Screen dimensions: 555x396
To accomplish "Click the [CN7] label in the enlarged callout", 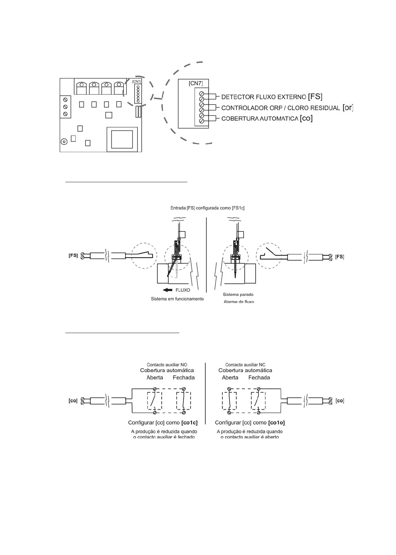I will pos(195,83).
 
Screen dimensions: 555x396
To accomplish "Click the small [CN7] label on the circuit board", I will pos(136,81).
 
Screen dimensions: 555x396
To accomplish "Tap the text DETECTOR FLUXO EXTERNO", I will pos(264,97).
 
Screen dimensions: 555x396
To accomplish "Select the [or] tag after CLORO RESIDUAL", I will pos(347,108).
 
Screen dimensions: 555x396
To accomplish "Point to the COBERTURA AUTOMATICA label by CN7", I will pos(260,119).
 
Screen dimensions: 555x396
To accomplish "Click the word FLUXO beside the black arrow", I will pos(183,290).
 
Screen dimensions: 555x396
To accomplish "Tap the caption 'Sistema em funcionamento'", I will pos(177,299).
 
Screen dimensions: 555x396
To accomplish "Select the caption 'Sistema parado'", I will pos(238,294).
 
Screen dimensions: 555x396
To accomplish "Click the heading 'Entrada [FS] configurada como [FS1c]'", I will pos(207,208).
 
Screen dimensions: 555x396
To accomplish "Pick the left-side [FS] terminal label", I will pos(73,255).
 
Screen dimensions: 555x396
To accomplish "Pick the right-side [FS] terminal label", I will pos(339,257).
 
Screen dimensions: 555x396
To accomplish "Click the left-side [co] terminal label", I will pos(73,401).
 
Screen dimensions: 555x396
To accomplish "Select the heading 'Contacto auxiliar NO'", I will pos(167,365).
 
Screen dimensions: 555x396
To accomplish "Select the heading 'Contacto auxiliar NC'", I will pos(245,365).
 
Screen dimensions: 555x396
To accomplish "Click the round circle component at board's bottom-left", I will pos(64,141).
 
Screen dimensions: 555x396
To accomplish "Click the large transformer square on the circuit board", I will pos(122,139).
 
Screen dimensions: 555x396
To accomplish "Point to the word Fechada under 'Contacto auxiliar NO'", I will pos(183,377).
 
